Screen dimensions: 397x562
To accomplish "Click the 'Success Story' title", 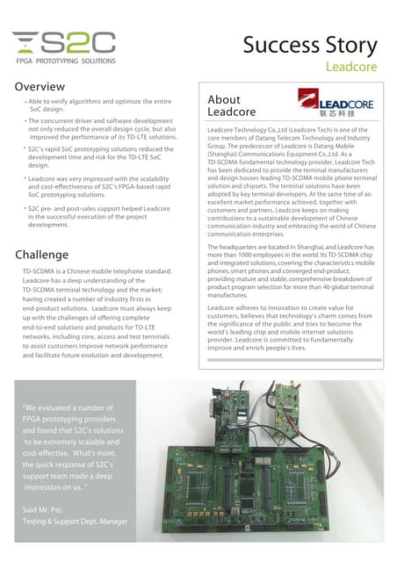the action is pyautogui.click(x=309, y=45).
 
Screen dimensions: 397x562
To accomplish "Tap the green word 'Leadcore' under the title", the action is pyautogui.click(x=351, y=67).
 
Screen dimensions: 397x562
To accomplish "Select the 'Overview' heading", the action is pyautogui.click(x=40, y=87).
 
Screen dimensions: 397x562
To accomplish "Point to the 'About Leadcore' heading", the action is pyautogui.click(x=231, y=106).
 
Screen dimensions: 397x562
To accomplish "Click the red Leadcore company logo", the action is pyautogui.click(x=335, y=104).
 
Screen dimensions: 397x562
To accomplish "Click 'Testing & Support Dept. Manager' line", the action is pyautogui.click(x=76, y=522).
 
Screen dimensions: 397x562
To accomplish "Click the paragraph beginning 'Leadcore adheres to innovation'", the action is pyautogui.click(x=290, y=333).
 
